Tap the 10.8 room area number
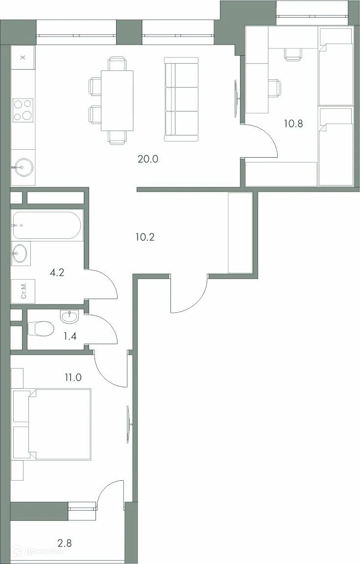[x=293, y=123]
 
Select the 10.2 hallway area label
[x=145, y=237]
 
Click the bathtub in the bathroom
[x=47, y=225]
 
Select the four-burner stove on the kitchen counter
[x=23, y=110]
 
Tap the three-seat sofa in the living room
[x=181, y=99]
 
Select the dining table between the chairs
[x=117, y=100]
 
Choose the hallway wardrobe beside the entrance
[x=240, y=233]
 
